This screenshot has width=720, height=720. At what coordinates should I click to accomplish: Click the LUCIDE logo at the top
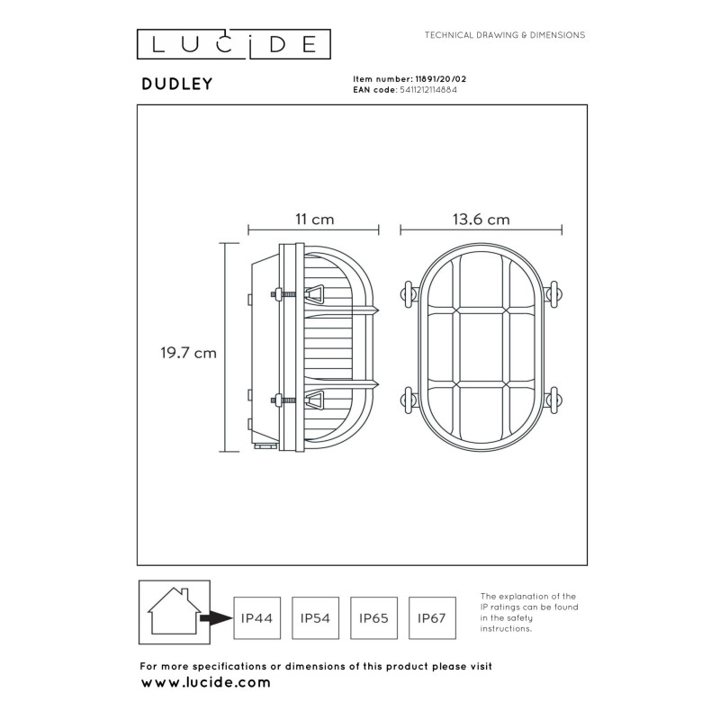pyautogui.click(x=233, y=42)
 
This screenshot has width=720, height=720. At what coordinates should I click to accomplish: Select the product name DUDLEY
pyautogui.click(x=176, y=84)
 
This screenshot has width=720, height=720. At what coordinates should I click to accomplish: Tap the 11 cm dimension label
pyautogui.click(x=314, y=220)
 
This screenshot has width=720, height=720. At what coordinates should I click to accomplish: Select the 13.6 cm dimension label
pyautogui.click(x=481, y=220)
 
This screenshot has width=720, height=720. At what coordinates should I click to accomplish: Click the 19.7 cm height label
pyautogui.click(x=183, y=354)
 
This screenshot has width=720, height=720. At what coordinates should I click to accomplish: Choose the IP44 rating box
pyautogui.click(x=256, y=618)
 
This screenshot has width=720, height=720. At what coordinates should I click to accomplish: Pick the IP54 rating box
pyautogui.click(x=315, y=618)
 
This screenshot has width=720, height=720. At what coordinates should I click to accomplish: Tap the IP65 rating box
pyautogui.click(x=373, y=618)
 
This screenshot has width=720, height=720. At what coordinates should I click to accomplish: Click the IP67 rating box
pyautogui.click(x=432, y=618)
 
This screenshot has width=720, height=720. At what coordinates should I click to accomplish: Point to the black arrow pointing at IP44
pyautogui.click(x=216, y=618)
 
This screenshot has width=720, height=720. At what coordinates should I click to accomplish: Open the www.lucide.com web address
pyautogui.click(x=206, y=683)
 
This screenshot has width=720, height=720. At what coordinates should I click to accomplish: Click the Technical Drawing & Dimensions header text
pyautogui.click(x=505, y=35)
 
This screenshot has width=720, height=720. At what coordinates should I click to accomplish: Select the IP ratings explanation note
pyautogui.click(x=528, y=612)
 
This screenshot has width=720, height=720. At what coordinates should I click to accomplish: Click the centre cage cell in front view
pyautogui.click(x=480, y=347)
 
